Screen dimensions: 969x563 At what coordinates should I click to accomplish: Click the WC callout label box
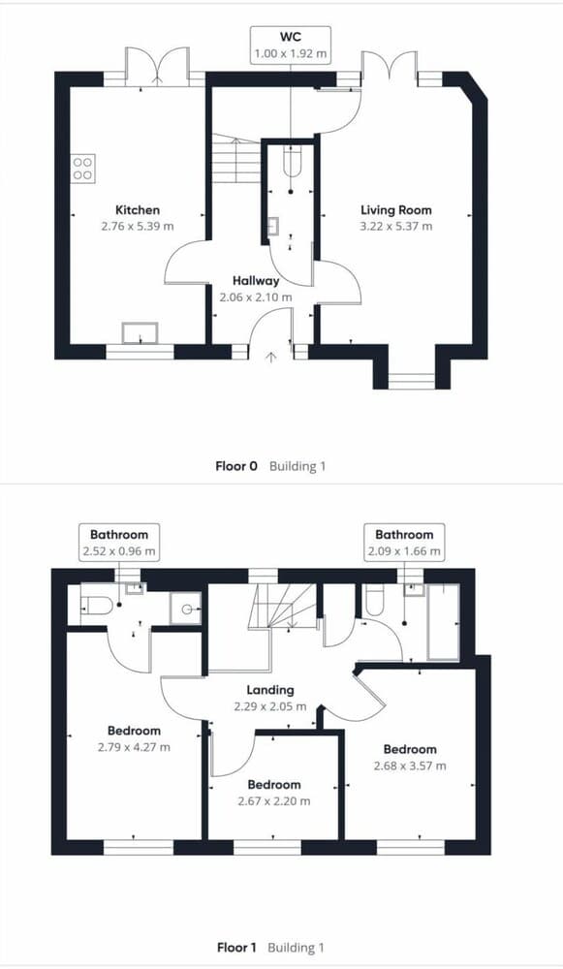(x=291, y=46)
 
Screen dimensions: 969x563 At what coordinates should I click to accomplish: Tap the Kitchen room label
(x=138, y=209)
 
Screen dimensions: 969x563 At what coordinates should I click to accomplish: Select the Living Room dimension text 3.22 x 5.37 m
(x=395, y=226)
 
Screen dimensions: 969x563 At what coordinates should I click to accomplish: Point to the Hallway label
(x=256, y=281)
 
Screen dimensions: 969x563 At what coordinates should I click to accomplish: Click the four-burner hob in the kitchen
(x=82, y=169)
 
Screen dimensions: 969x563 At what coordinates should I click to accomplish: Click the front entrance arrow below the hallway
(x=270, y=358)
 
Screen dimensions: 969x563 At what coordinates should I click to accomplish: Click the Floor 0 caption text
(x=236, y=466)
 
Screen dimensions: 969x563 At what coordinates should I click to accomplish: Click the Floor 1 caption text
(x=236, y=947)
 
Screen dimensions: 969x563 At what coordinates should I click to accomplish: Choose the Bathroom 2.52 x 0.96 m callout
(x=119, y=543)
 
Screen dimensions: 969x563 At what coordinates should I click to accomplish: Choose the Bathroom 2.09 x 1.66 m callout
(x=404, y=543)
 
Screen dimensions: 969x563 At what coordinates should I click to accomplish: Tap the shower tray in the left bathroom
(x=183, y=609)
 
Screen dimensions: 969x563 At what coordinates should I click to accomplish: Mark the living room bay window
(x=413, y=378)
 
